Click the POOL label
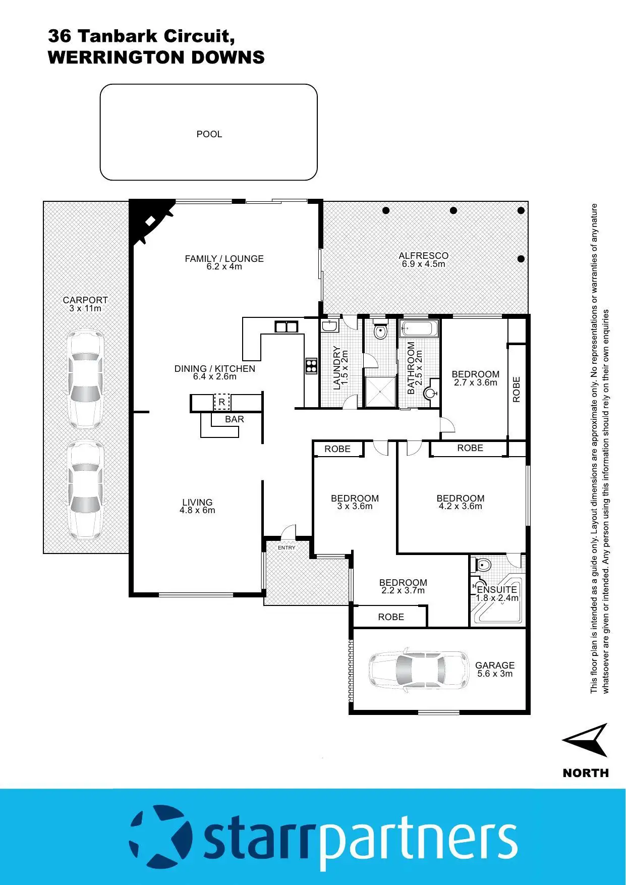(209, 134)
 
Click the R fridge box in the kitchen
(221, 402)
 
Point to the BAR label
(235, 419)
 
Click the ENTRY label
(287, 547)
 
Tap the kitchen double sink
(286, 326)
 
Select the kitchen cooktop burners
(311, 365)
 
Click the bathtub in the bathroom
(419, 329)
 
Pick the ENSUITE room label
(497, 589)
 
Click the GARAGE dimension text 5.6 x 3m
(495, 674)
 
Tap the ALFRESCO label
(423, 256)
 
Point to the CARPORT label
(85, 300)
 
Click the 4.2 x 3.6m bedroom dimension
(461, 506)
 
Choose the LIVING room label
(197, 502)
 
